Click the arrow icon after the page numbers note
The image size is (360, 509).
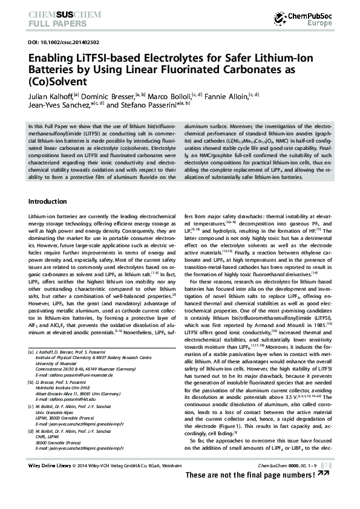click(x=326, y=475)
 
